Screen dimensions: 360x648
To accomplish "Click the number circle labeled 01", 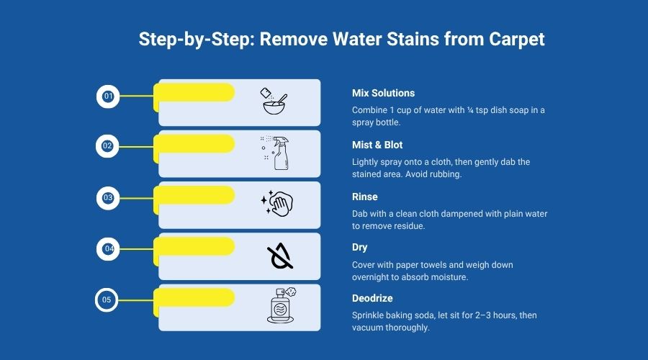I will coord(108,96).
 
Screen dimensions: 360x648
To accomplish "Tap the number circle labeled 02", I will coord(107,146).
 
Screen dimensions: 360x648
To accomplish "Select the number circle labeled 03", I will coord(108,197).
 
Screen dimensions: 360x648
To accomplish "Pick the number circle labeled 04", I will coord(109,249).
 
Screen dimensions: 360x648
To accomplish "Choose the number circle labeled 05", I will coord(107,299).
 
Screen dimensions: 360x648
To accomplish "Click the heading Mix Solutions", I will coord(383,94).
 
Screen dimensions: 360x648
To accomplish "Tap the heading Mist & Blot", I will coord(377,145).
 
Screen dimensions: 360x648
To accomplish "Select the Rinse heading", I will coord(364,197).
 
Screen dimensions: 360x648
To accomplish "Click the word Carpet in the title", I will coord(515,39).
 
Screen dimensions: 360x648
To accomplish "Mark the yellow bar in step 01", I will coord(194,92).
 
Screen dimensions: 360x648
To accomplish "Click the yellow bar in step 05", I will coord(194,296).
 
